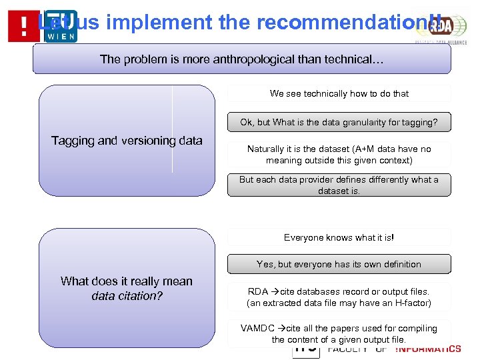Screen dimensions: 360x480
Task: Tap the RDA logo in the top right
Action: pyautogui.click(x=440, y=27)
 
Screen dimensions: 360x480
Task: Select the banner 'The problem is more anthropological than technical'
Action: pyautogui.click(x=241, y=59)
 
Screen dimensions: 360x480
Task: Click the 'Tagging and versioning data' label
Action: pyautogui.click(x=127, y=141)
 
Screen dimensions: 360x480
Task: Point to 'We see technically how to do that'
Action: pyautogui.click(x=339, y=94)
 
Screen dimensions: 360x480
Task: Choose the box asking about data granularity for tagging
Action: pyautogui.click(x=339, y=123)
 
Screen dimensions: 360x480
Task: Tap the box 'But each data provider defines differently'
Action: pyautogui.click(x=339, y=185)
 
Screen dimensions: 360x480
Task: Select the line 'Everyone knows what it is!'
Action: pyautogui.click(x=339, y=238)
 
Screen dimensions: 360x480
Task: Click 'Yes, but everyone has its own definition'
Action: pyautogui.click(x=339, y=265)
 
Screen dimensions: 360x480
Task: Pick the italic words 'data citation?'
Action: pyautogui.click(x=127, y=295)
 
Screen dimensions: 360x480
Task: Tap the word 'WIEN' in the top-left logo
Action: pyautogui.click(x=63, y=36)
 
